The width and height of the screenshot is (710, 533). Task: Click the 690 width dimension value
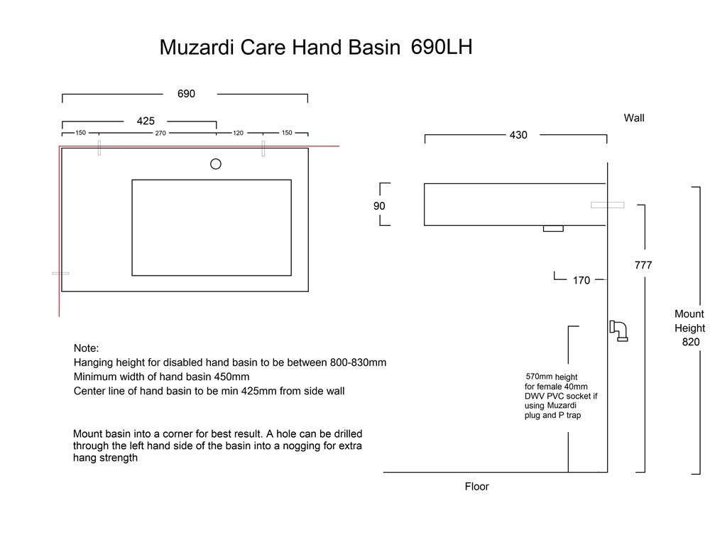186,94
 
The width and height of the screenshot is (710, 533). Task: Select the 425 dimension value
146,121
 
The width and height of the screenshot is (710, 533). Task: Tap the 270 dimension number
160,134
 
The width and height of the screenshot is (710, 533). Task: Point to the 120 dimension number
238,134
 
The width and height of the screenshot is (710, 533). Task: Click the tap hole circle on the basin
216,164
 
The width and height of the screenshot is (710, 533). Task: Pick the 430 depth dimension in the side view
518,135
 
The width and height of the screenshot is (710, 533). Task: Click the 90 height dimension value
379,206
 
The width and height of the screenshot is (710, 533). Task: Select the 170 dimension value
581,281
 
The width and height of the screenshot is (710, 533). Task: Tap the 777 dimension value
643,265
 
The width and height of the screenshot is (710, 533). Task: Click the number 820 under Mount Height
691,343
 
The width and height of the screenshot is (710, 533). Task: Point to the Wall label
634,118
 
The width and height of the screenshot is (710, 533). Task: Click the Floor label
477,486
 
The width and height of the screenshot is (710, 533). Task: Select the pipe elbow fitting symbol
619,331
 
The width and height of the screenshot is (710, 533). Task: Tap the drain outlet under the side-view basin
553,228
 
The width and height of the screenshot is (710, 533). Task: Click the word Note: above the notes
86,348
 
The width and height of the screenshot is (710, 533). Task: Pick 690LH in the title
442,47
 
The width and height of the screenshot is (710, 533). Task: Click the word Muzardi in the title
197,47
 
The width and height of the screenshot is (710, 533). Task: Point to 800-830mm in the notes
358,362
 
